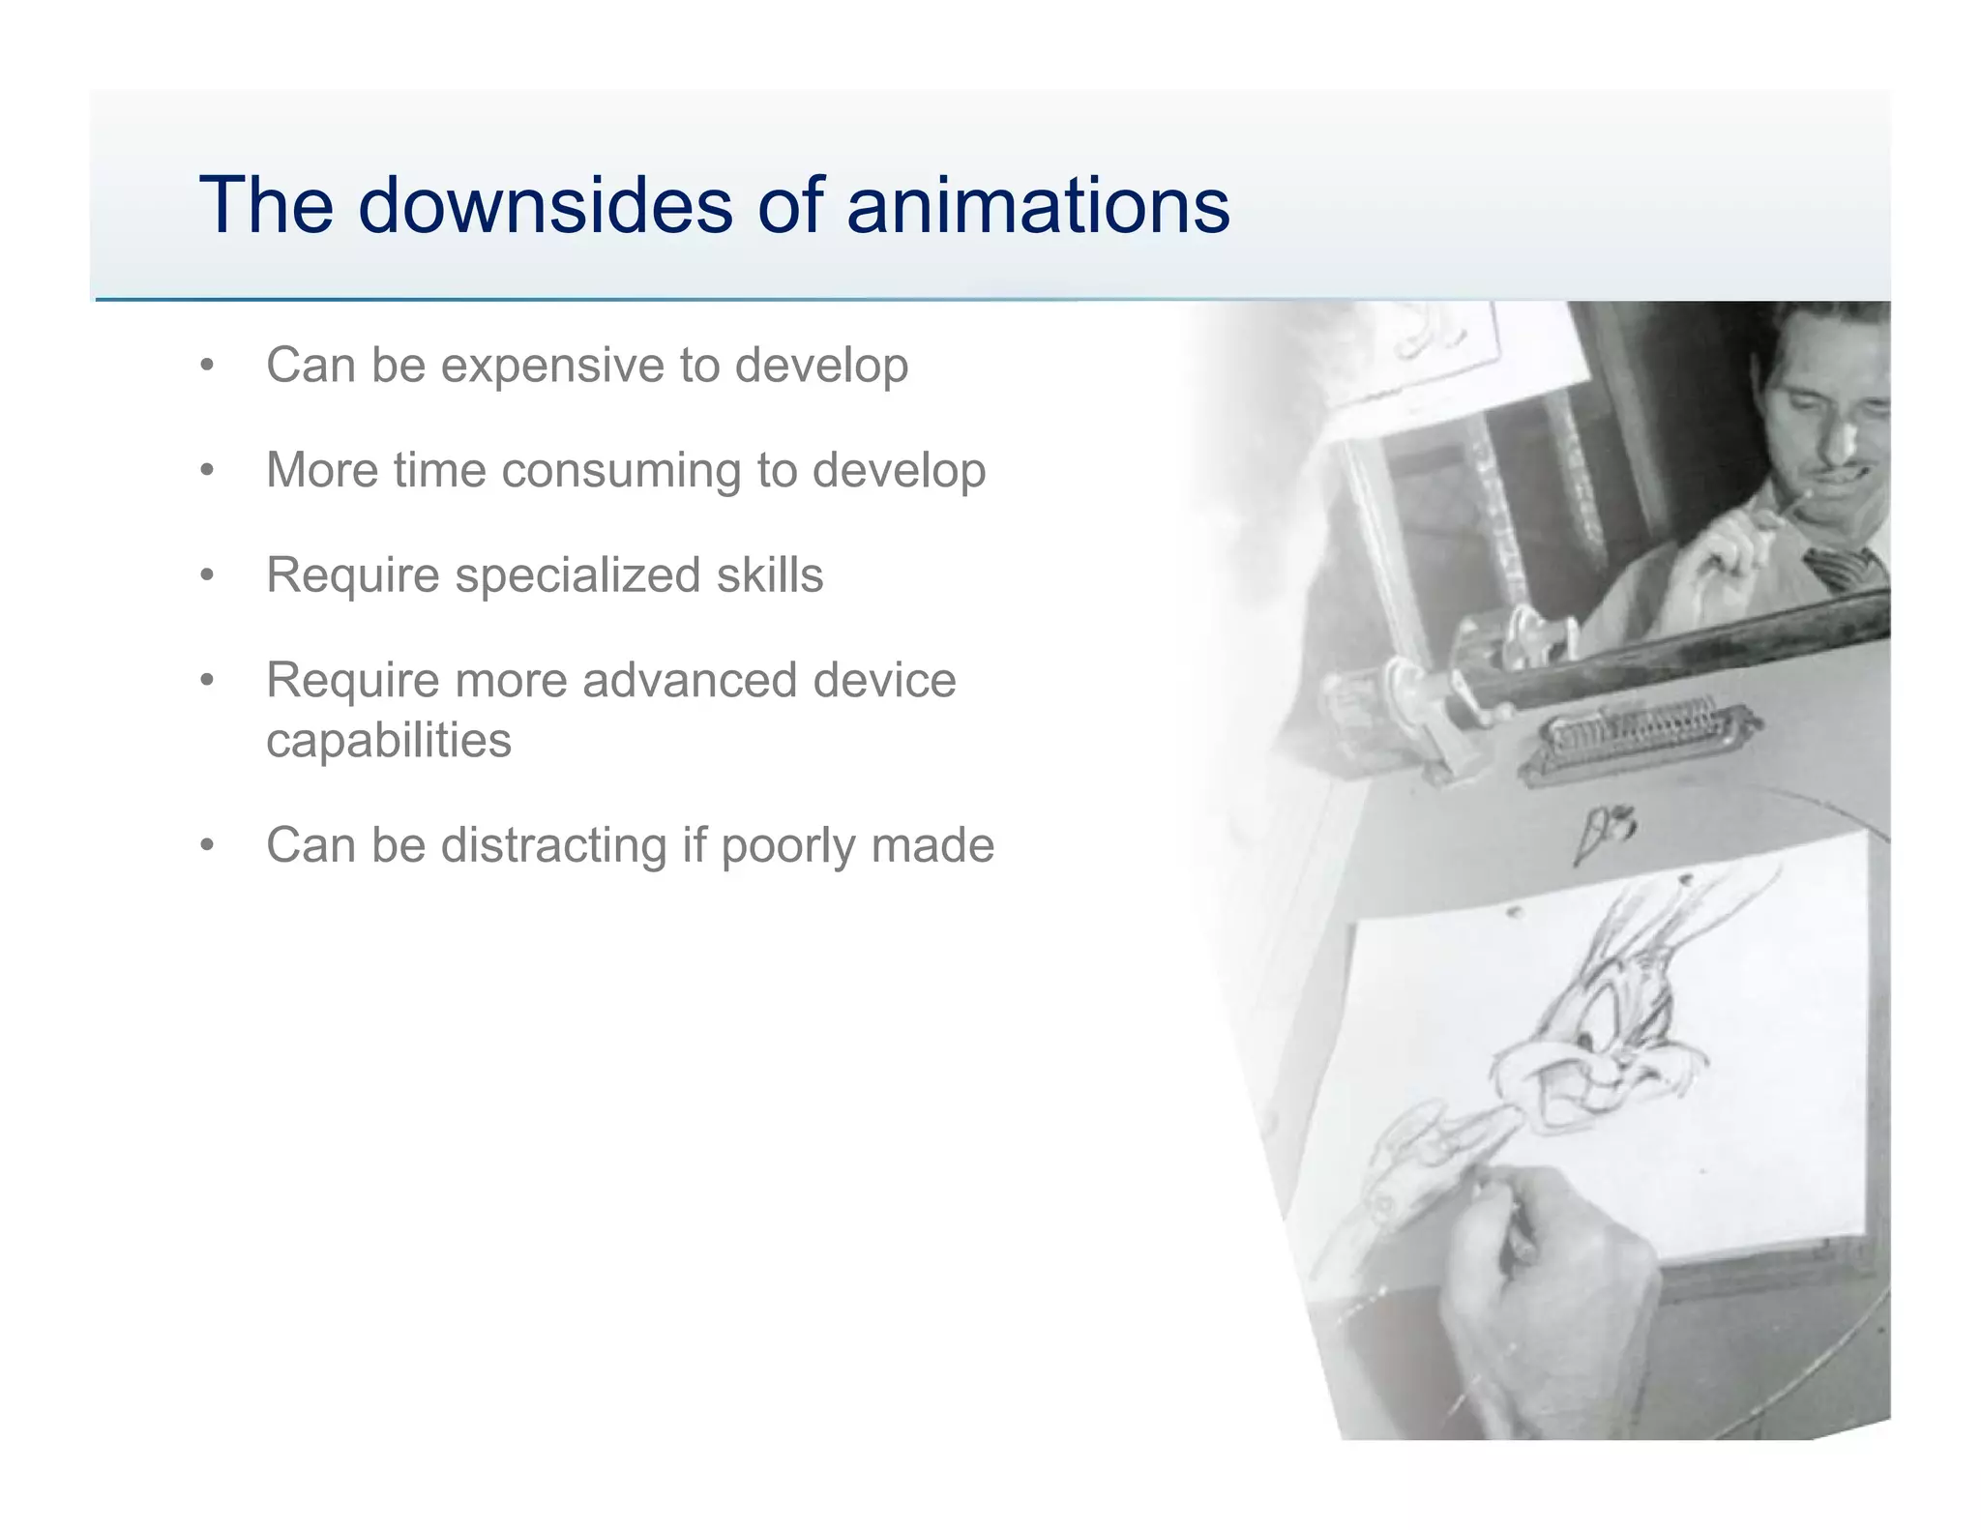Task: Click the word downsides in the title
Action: pos(546,205)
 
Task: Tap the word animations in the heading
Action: pos(1037,205)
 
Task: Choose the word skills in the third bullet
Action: pos(769,575)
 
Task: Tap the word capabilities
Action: pos(389,741)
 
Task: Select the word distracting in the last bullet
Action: pos(554,845)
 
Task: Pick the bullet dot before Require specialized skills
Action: pos(206,576)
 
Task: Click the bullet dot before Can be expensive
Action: pos(206,367)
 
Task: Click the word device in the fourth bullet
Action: pos(884,680)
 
